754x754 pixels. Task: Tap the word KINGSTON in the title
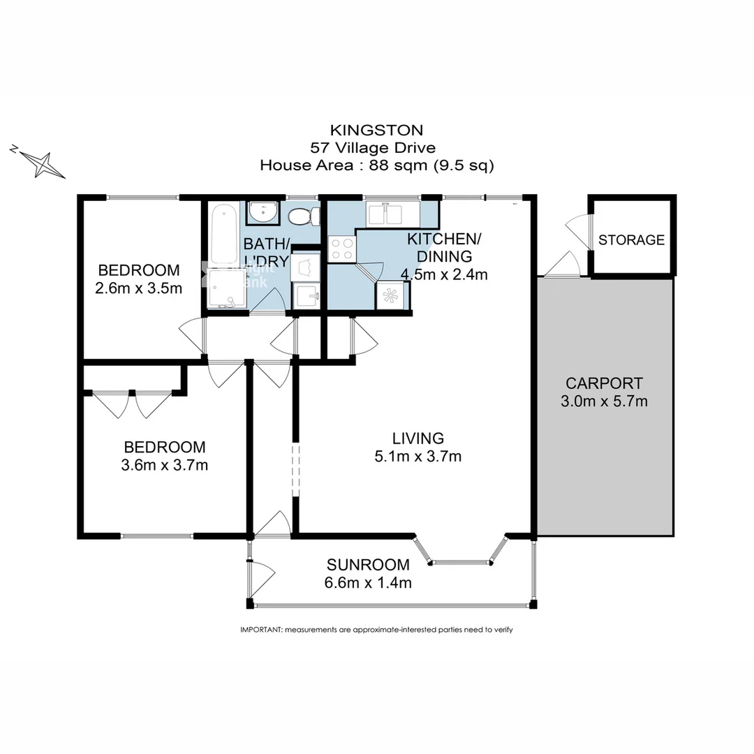coord(376,130)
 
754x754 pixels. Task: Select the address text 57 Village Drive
coord(376,147)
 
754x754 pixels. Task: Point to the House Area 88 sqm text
coord(376,165)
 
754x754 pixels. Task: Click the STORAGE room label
coord(631,239)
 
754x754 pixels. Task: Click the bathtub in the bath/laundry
coord(223,233)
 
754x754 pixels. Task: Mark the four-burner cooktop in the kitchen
coord(341,249)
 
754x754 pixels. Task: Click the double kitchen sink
coord(393,213)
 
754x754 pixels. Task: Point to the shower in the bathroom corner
coord(225,289)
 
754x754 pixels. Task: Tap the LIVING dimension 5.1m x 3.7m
coord(417,457)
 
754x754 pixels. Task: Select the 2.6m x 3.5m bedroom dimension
coord(139,288)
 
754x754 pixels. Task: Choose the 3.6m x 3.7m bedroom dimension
coord(164,464)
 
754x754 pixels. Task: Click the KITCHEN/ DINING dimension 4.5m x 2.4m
coord(443,274)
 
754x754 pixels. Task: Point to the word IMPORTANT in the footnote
coord(260,629)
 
